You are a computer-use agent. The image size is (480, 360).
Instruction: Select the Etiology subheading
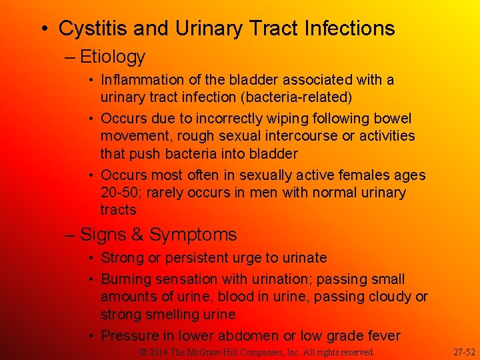113,57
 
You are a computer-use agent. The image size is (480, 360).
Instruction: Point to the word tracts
118,210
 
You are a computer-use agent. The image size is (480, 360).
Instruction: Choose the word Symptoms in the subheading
193,235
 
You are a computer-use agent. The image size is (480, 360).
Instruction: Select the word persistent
191,258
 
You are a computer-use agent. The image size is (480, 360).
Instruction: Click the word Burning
128,279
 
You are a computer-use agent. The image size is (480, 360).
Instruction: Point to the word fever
381,336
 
